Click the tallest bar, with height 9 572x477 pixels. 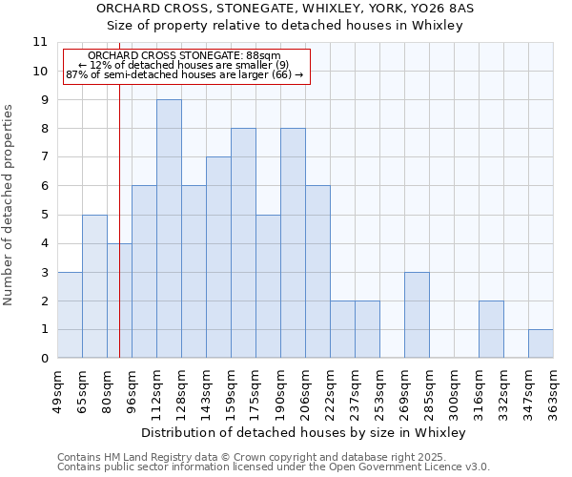[x=169, y=229]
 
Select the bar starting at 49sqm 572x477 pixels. [x=70, y=315]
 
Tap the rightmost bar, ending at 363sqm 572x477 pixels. [x=541, y=343]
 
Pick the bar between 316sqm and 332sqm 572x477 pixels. [x=491, y=329]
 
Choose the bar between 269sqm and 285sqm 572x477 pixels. [x=417, y=315]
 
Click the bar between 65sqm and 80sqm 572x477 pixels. [x=94, y=286]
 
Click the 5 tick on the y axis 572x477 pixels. [x=43, y=215]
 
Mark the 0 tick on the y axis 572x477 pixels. [x=43, y=359]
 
